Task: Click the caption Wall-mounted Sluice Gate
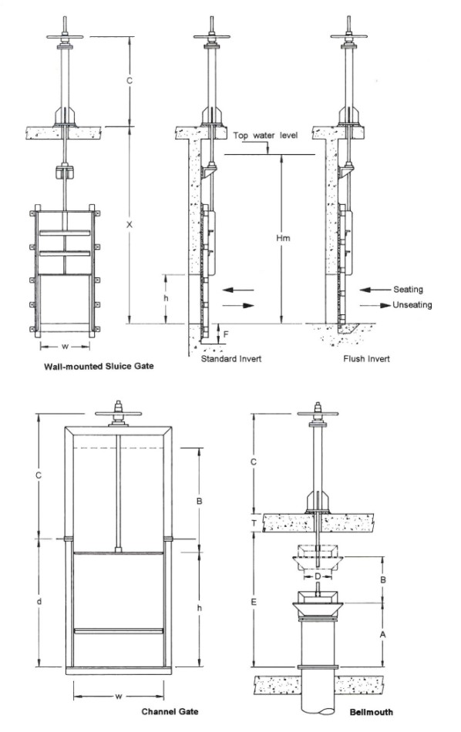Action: (x=99, y=367)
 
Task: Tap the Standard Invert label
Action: (x=231, y=359)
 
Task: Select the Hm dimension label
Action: (x=282, y=239)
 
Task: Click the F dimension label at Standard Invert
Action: (x=226, y=334)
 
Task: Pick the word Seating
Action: (x=408, y=289)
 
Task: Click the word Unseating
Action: (x=412, y=304)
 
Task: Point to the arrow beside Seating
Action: (x=372, y=290)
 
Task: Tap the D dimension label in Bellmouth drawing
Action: (x=317, y=575)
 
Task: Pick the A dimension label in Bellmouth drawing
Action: (x=382, y=633)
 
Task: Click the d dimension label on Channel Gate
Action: (x=39, y=600)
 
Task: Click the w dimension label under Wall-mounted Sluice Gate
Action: (x=66, y=346)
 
